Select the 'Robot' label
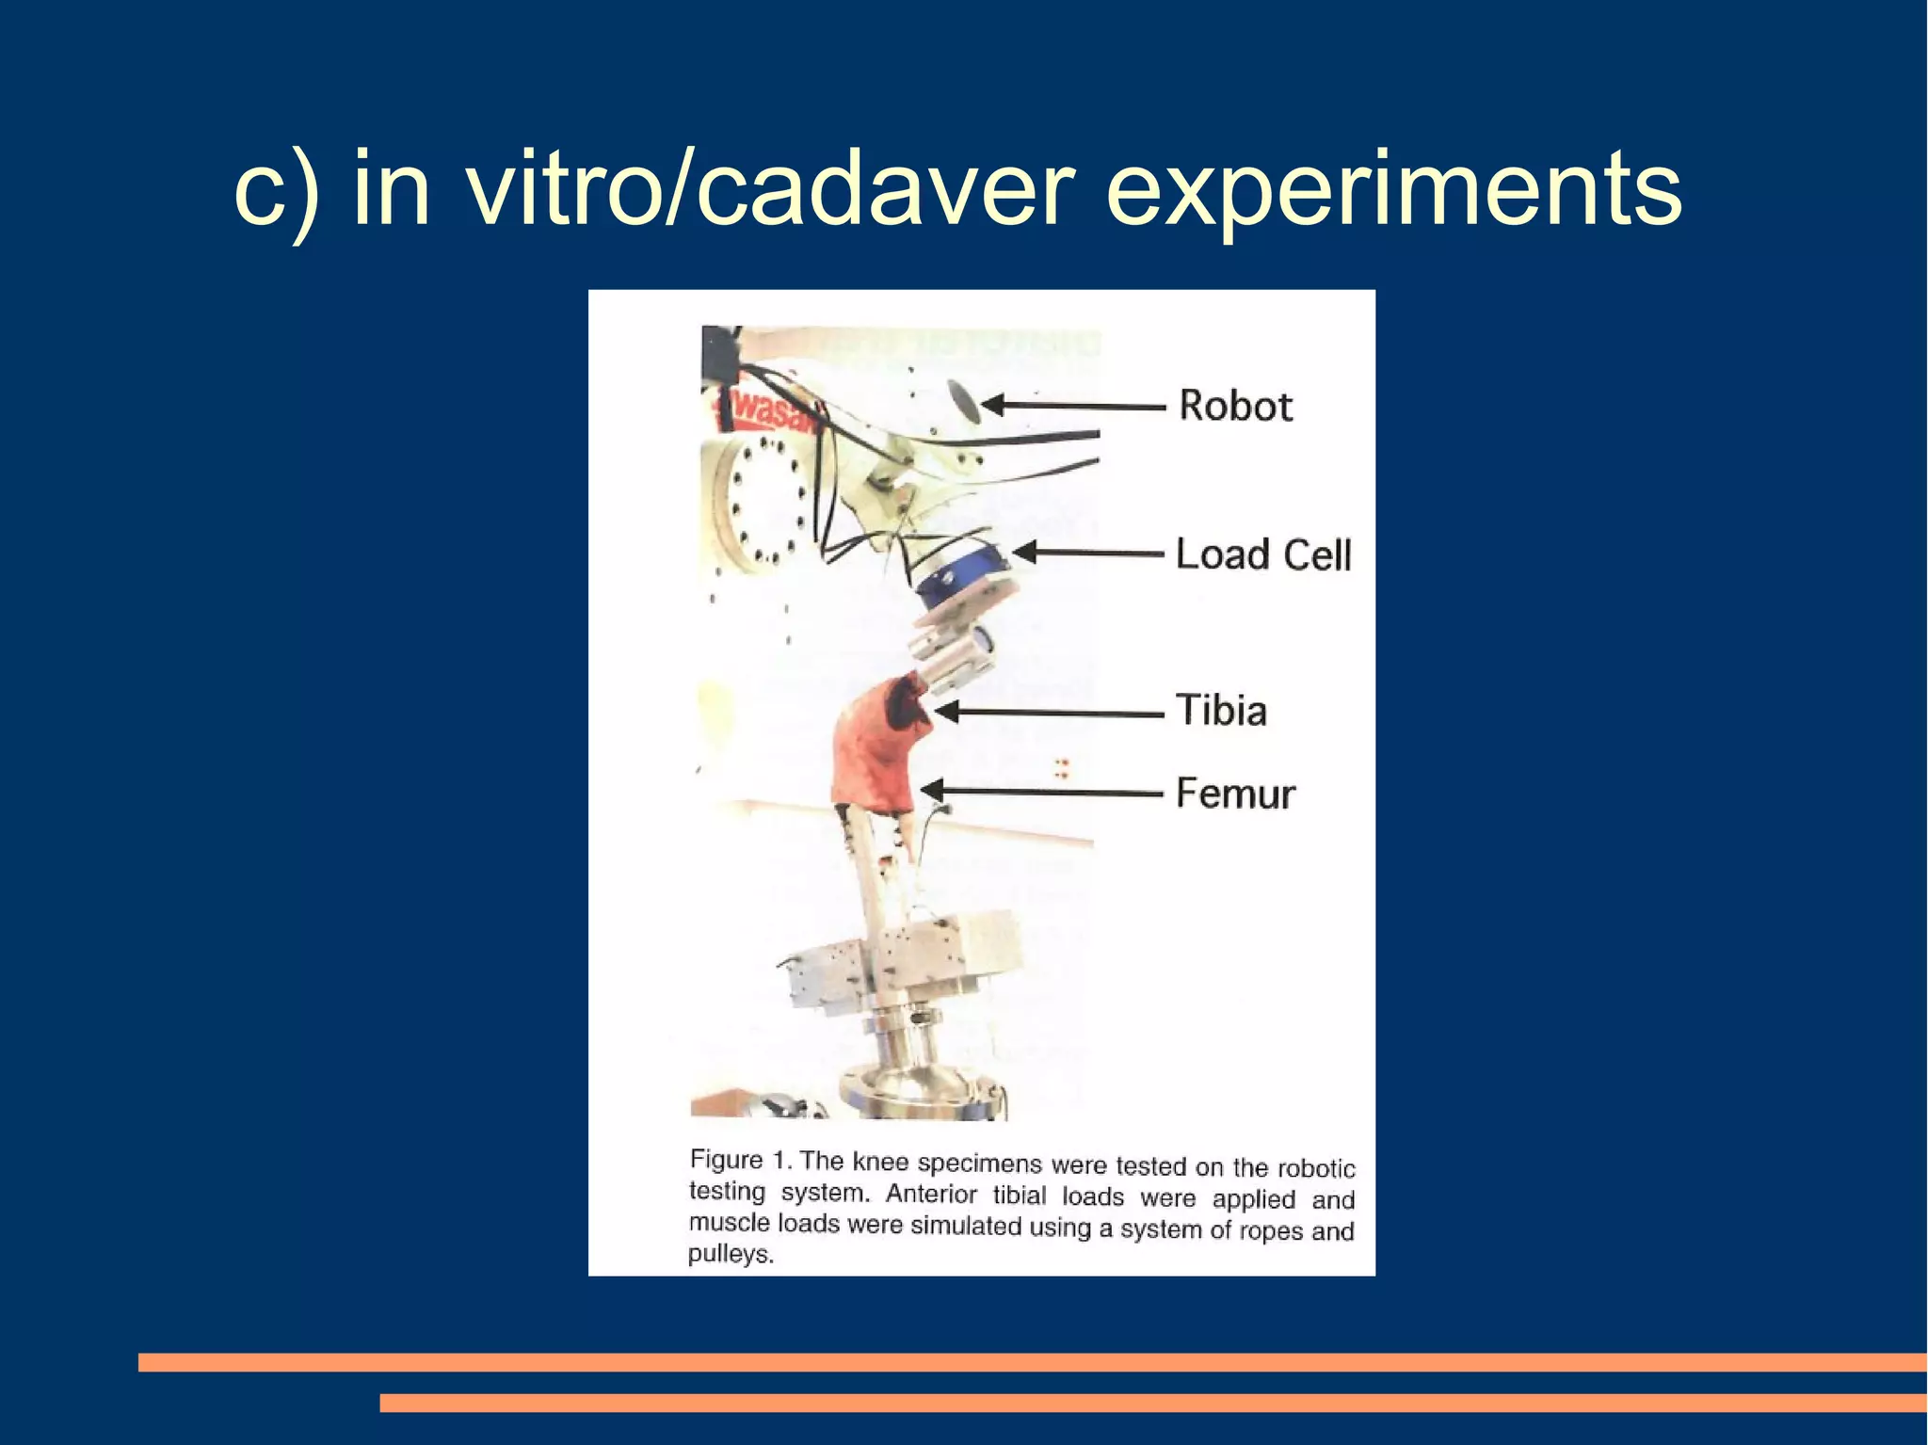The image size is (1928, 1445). [1236, 406]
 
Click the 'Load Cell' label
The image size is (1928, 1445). [1263, 554]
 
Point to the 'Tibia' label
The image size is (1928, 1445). [1222, 710]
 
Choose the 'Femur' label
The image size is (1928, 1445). [1236, 794]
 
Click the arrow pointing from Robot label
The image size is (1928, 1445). [1073, 406]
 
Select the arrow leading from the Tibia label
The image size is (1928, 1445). [1050, 713]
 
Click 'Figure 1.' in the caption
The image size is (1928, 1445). [742, 1160]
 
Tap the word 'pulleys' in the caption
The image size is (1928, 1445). [730, 1255]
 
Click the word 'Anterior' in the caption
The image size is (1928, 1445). [932, 1194]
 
